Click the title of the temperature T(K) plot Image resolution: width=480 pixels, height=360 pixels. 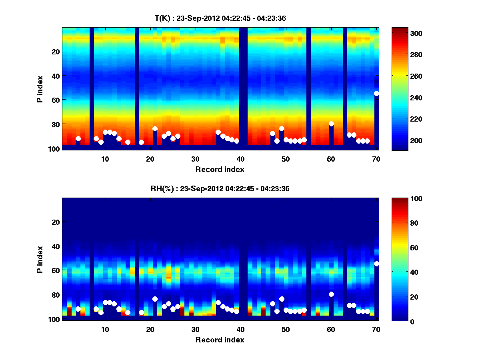pyautogui.click(x=220, y=18)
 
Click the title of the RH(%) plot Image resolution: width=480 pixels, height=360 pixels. pyautogui.click(x=220, y=189)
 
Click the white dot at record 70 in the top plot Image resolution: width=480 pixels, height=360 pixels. pyautogui.click(x=376, y=93)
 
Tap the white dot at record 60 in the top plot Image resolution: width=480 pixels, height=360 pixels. pyautogui.click(x=331, y=124)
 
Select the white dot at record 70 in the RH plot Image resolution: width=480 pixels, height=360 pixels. pyautogui.click(x=376, y=264)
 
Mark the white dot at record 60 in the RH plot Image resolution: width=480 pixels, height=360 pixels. pyautogui.click(x=331, y=294)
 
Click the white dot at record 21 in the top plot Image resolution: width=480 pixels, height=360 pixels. pyautogui.click(x=155, y=129)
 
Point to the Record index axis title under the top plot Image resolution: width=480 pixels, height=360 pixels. pyautogui.click(x=220, y=170)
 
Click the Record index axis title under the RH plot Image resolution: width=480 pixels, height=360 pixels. pyautogui.click(x=220, y=340)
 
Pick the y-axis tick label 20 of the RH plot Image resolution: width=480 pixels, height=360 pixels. pyautogui.click(x=55, y=222)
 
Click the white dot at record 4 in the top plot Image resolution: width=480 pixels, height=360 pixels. pyautogui.click(x=78, y=139)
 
